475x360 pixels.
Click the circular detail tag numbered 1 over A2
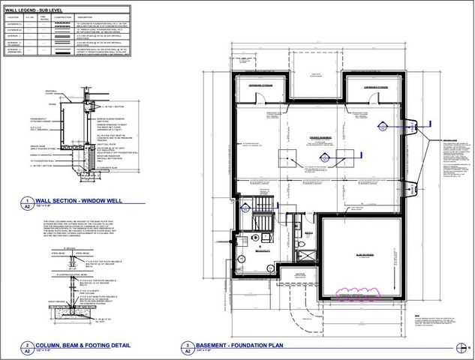29,202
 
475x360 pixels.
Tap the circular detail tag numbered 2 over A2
29,348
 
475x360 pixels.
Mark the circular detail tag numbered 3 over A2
186,348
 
